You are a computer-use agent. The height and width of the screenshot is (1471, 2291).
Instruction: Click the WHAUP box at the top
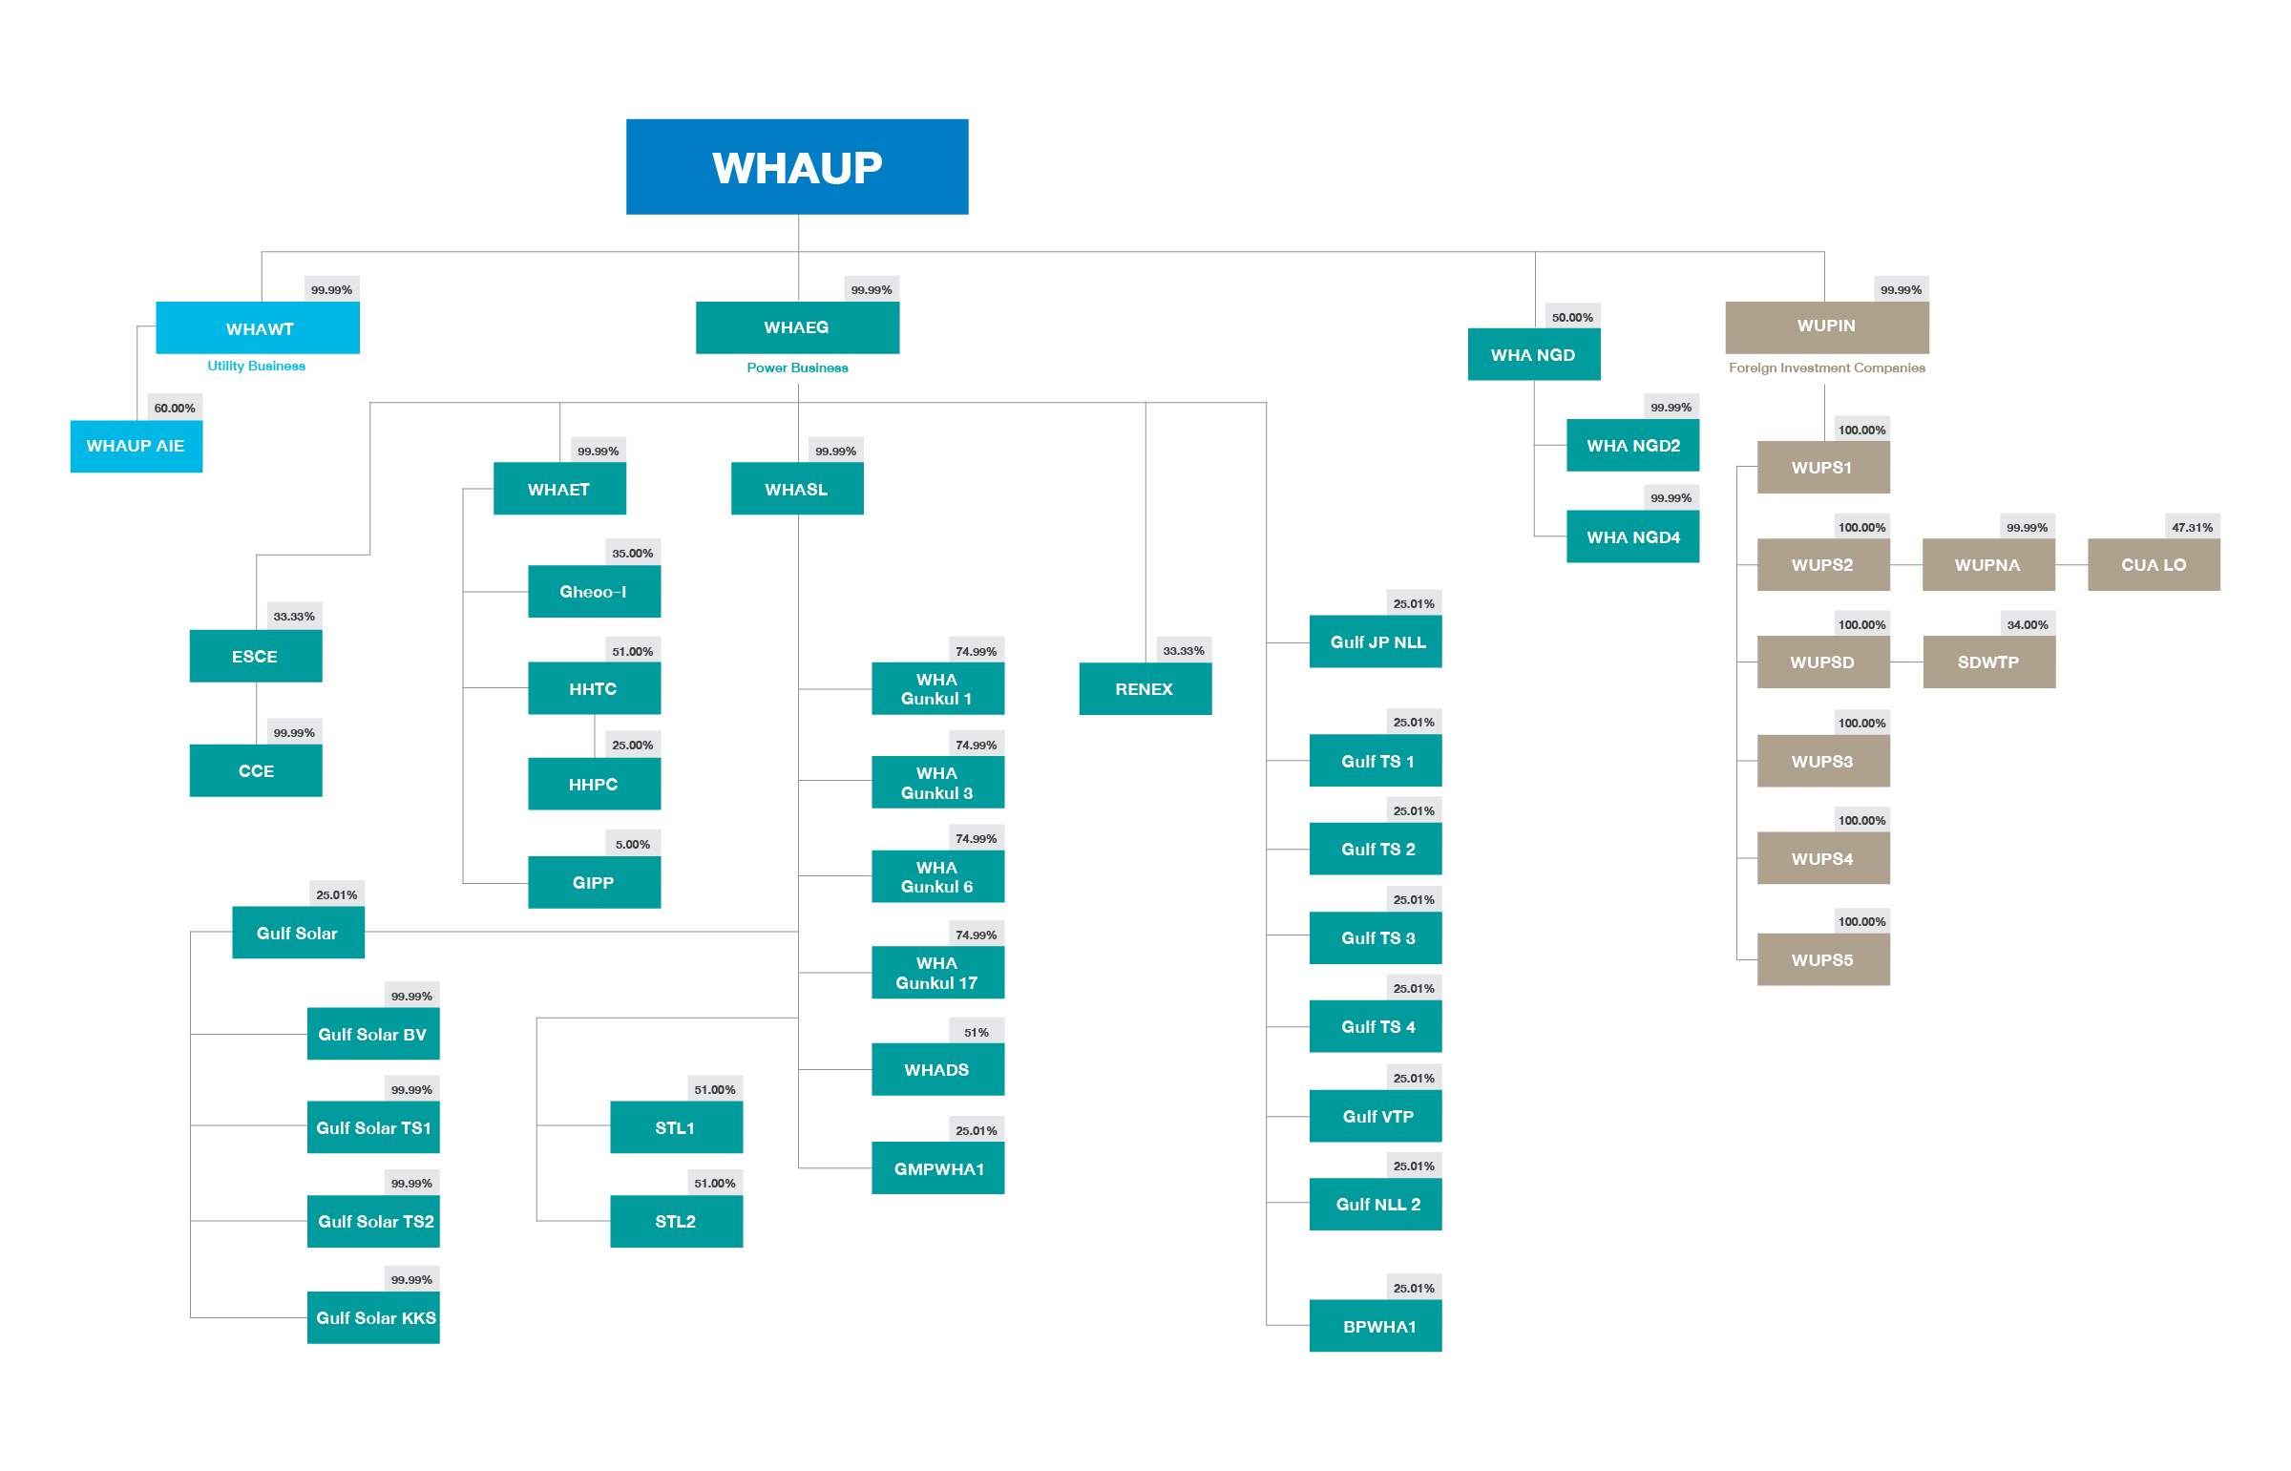tap(796, 167)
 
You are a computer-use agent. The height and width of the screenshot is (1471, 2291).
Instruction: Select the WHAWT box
tap(258, 328)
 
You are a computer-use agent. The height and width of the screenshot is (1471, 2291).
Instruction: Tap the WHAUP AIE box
tap(136, 446)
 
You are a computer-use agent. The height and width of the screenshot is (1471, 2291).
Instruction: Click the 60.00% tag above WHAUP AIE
tap(175, 408)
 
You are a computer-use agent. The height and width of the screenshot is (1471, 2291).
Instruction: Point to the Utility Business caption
tap(256, 366)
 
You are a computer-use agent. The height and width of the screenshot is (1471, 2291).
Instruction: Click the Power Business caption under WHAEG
tap(796, 368)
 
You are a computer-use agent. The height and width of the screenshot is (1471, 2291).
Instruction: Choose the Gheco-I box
tap(593, 591)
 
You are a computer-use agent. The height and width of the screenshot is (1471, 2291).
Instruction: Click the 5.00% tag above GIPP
tap(632, 845)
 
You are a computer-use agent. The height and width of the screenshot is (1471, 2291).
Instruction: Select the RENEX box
tap(1144, 688)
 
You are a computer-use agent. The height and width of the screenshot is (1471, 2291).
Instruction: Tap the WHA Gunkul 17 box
tap(936, 973)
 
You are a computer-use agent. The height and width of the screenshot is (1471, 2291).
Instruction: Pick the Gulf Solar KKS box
tap(374, 1318)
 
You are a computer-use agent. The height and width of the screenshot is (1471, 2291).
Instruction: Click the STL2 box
tap(675, 1222)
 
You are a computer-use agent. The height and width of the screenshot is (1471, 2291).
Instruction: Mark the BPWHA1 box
tap(1376, 1326)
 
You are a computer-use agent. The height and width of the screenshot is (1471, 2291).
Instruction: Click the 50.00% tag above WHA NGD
tap(1572, 317)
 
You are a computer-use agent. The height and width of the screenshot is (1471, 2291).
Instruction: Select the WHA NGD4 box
tap(1632, 536)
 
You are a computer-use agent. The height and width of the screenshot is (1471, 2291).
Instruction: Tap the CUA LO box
tap(2153, 564)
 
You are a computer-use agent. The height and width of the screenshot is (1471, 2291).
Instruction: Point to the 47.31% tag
tap(2192, 527)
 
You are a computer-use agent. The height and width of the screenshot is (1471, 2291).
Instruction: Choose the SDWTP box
tap(1988, 662)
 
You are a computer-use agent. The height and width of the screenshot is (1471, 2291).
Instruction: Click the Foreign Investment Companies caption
tap(1826, 368)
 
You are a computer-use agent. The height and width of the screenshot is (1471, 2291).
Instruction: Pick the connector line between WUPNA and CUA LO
tap(2071, 565)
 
